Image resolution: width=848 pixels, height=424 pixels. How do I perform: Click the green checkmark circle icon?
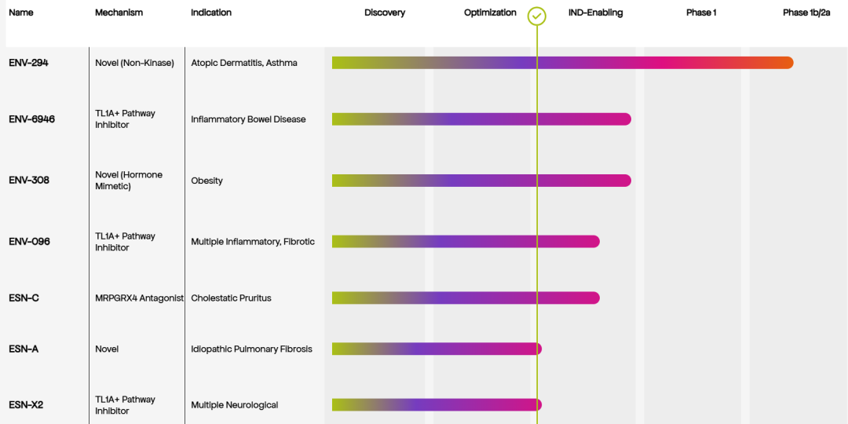537,16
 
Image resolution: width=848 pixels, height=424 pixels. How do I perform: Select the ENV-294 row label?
28,63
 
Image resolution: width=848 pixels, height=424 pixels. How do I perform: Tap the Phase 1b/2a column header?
806,13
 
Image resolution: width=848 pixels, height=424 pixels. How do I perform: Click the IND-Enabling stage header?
595,13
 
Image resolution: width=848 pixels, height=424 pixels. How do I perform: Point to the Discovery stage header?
385,13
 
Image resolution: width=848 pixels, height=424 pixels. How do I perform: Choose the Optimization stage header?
490,13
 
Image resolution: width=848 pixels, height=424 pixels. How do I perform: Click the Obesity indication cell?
207,181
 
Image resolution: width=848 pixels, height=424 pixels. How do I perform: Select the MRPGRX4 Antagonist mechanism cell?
140,298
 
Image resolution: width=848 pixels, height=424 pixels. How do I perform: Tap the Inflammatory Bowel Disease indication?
248,119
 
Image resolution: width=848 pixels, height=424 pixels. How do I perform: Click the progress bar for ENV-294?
562,63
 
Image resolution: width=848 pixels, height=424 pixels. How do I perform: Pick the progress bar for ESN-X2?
437,405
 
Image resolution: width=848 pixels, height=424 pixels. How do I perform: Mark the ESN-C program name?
24,298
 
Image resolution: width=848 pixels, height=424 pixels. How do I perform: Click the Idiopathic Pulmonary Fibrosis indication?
251,349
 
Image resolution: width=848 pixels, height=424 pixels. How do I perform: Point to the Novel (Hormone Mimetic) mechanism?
129,181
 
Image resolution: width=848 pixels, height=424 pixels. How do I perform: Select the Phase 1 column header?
701,13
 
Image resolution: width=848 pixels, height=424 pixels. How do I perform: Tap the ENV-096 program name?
29,242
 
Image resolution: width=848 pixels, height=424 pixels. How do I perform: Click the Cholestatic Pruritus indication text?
231,298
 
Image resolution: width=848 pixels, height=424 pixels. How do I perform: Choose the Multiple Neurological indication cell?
234,405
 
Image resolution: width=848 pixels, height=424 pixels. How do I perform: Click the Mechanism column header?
119,13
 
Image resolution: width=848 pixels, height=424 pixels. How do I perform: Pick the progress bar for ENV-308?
481,181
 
